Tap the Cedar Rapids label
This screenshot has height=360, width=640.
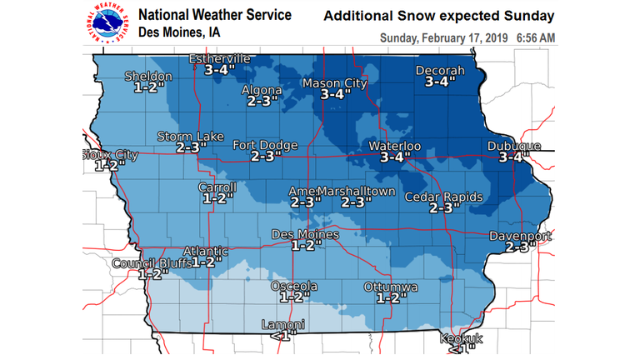point(443,197)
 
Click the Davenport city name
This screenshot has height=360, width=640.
point(520,236)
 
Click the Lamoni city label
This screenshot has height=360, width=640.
point(282,324)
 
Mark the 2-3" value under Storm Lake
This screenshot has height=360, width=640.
point(191,147)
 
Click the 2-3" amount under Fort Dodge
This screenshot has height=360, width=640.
point(264,156)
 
